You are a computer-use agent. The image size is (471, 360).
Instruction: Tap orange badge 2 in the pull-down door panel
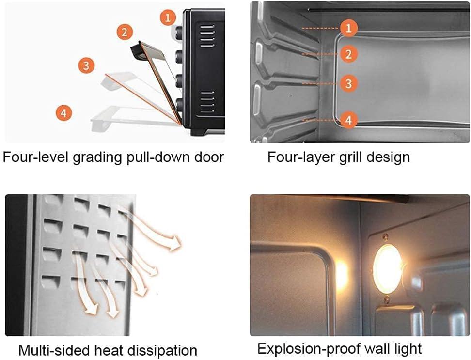tap(125, 32)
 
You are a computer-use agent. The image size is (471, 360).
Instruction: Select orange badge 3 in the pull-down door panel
tap(86, 65)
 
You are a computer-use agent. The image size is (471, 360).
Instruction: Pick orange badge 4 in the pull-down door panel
tap(63, 113)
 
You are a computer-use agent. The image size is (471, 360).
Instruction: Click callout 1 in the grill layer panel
tap(348, 28)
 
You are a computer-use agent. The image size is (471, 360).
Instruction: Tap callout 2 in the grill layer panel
tap(348, 54)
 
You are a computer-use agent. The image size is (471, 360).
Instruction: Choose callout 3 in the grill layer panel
tap(348, 83)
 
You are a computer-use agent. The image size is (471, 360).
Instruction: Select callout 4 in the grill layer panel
tap(348, 120)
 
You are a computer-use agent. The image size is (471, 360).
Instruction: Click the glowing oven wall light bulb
tap(388, 269)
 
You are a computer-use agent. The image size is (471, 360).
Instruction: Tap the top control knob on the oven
tap(179, 31)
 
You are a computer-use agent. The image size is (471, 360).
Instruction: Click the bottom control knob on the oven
tap(180, 105)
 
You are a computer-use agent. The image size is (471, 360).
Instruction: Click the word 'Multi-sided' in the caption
tap(55, 350)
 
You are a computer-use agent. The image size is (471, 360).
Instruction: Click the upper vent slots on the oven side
tap(207, 36)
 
